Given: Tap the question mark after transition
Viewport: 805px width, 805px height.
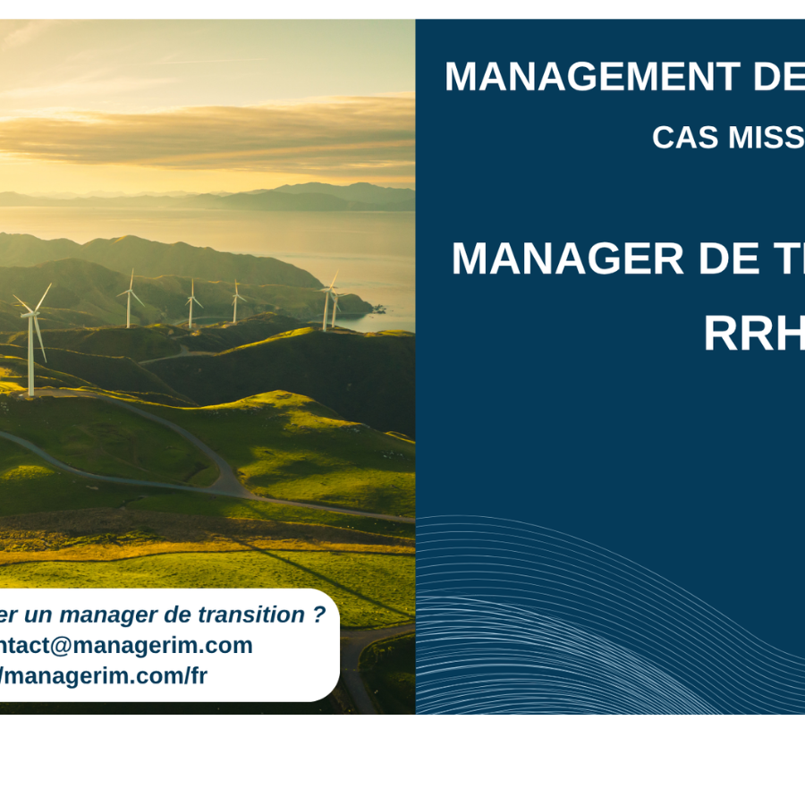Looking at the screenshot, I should [x=319, y=614].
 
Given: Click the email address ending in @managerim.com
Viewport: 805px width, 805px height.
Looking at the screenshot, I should [x=125, y=645].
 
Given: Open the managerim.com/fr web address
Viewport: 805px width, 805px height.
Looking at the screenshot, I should [x=103, y=675].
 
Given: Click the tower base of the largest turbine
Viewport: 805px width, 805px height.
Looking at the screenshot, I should [x=31, y=392].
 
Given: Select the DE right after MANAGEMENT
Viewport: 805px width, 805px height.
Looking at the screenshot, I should [x=778, y=77].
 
